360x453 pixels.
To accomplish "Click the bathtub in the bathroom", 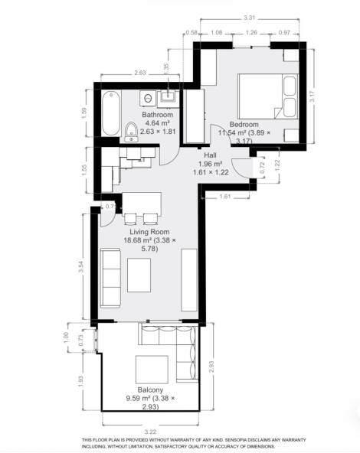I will coord(110,115).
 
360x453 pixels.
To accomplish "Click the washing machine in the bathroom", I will coord(146,99).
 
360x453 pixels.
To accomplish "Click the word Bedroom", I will coord(244,125).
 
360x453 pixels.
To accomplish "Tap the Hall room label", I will coord(208,154).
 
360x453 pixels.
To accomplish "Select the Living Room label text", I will coord(149,231).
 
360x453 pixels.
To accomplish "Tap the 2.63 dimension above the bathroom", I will coord(140,73).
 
